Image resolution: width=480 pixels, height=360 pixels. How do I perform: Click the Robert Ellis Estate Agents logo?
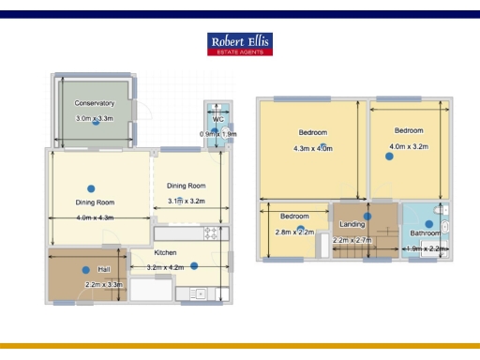(x=240, y=45)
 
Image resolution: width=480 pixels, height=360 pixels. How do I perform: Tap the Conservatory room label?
(x=95, y=103)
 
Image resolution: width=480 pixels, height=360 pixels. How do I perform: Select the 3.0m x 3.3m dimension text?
(x=95, y=119)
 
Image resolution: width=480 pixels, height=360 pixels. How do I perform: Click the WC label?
(x=217, y=119)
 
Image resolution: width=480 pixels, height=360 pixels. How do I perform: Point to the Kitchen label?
(x=166, y=252)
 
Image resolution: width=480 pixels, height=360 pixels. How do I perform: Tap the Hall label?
(x=104, y=269)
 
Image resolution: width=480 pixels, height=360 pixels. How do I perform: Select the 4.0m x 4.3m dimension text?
(x=95, y=217)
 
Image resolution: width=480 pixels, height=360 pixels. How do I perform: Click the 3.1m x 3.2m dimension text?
(x=186, y=202)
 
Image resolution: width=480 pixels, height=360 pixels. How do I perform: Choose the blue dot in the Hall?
(x=85, y=271)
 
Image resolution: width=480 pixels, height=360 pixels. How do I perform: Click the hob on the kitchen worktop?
(x=212, y=232)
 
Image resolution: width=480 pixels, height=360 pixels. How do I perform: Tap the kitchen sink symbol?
(x=198, y=294)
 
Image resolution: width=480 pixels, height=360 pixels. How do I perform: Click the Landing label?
(x=352, y=224)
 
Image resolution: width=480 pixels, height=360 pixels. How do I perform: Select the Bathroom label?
(x=427, y=232)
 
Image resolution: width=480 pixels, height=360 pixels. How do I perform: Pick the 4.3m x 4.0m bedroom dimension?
(x=313, y=148)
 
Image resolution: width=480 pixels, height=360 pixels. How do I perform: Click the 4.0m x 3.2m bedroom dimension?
(x=409, y=146)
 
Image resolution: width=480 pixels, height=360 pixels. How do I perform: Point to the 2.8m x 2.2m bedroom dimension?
(x=294, y=232)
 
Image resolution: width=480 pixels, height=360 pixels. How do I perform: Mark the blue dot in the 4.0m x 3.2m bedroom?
(x=386, y=157)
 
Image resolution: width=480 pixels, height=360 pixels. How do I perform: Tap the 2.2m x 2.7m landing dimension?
(x=352, y=241)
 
